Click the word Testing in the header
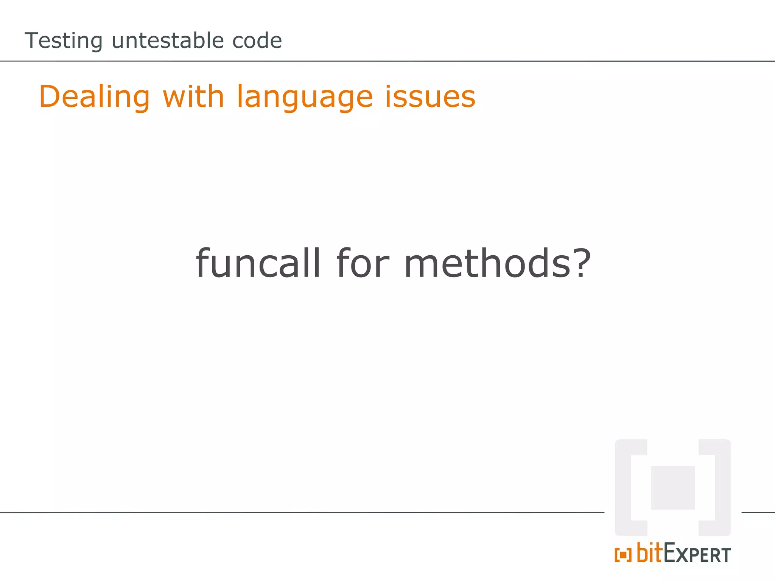coord(64,41)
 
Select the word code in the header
coord(257,40)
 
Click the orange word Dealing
coord(95,97)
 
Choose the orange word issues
coord(430,97)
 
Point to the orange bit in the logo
coord(650,553)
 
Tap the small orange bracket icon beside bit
coord(623,555)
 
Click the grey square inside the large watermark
coord(673,488)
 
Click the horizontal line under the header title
coord(387,61)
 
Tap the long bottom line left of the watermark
coord(303,513)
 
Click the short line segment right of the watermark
coord(758,513)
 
